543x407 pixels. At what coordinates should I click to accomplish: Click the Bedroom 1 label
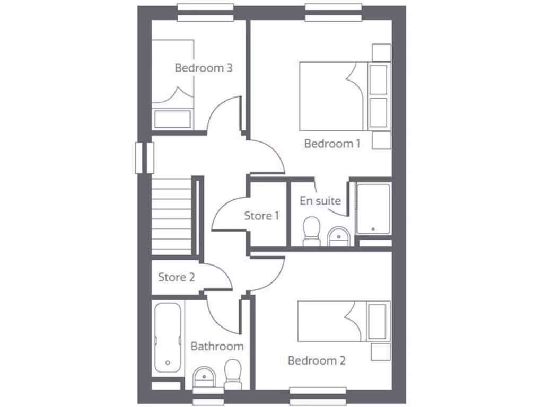click(x=332, y=144)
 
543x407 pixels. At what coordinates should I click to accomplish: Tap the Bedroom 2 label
click(x=317, y=361)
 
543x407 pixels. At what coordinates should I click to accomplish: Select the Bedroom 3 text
click(x=204, y=68)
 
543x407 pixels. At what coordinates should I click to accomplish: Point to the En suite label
click(x=320, y=201)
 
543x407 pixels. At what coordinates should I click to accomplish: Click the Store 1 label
click(x=261, y=216)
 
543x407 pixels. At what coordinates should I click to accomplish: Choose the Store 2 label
click(x=177, y=277)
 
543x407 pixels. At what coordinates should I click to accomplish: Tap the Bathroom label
click(x=217, y=347)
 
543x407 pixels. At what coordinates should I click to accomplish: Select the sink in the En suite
click(x=338, y=236)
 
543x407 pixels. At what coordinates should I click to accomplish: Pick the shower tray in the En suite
click(x=373, y=209)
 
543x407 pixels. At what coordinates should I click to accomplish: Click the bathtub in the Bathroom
click(x=168, y=337)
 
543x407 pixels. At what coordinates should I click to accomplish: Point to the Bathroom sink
click(x=204, y=378)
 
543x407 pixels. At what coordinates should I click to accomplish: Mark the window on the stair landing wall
click(x=144, y=158)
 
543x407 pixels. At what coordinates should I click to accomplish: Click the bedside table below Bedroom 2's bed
click(x=380, y=352)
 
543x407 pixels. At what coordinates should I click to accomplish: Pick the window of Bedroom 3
click(x=205, y=11)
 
